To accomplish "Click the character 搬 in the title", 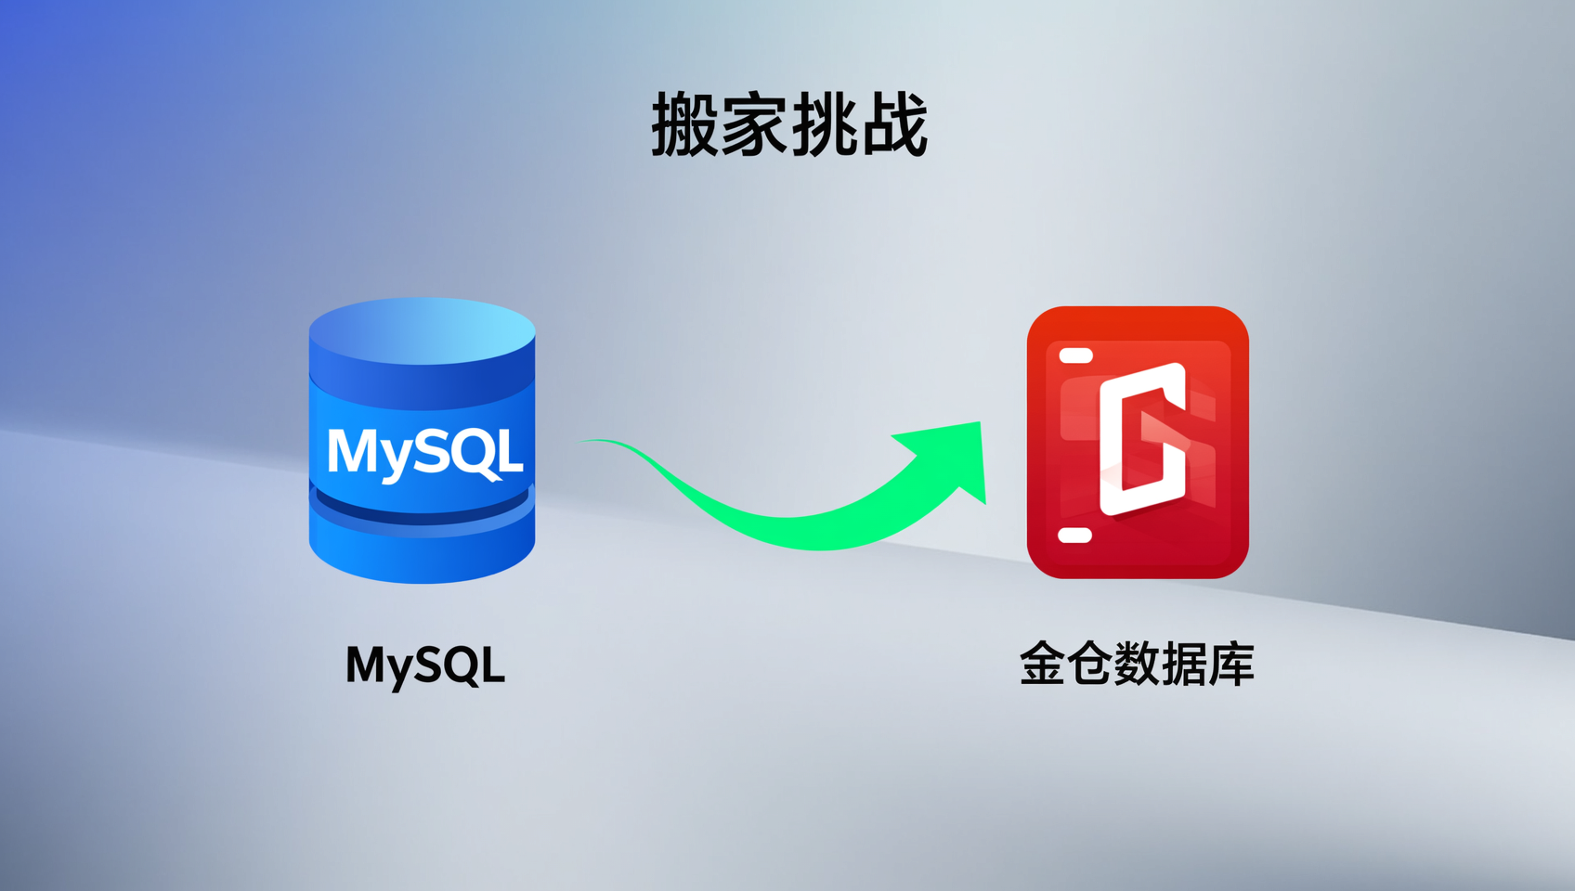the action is pyautogui.click(x=684, y=124).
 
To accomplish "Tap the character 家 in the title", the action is pyautogui.click(x=754, y=124).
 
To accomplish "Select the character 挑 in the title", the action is pyautogui.click(x=824, y=124).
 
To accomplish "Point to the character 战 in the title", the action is pyautogui.click(x=893, y=124).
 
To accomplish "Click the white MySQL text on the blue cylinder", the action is pyautogui.click(x=424, y=454).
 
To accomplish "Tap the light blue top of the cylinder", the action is pyautogui.click(x=422, y=331).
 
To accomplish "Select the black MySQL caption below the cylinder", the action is pyautogui.click(x=425, y=665).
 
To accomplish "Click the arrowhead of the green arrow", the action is pyautogui.click(x=949, y=457).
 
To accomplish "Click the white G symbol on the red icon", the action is pyautogui.click(x=1143, y=439).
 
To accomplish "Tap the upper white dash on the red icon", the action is pyautogui.click(x=1075, y=355).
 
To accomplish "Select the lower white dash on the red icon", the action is pyautogui.click(x=1075, y=536).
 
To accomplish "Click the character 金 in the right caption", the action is pyautogui.click(x=1042, y=664).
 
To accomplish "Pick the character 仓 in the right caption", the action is pyautogui.click(x=1090, y=664).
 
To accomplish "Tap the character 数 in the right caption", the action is pyautogui.click(x=1137, y=664).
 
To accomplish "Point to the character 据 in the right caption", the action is pyautogui.click(x=1184, y=664).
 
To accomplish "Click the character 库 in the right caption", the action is pyautogui.click(x=1231, y=664).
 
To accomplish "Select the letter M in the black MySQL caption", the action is pyautogui.click(x=366, y=664).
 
